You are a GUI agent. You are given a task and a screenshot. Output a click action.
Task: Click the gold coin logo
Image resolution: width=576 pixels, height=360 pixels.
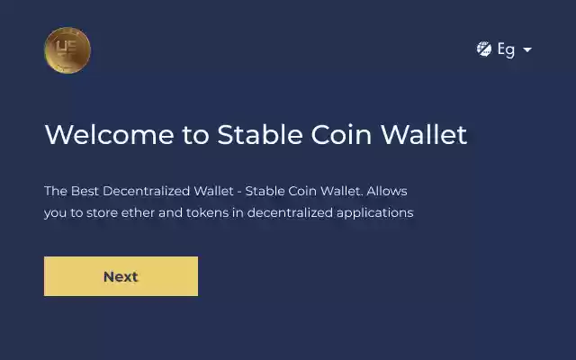[x=67, y=50]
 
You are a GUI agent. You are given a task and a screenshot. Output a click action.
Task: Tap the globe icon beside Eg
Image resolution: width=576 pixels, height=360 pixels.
[x=484, y=49]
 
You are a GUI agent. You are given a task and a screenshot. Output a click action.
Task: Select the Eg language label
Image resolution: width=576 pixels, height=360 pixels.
[x=506, y=49]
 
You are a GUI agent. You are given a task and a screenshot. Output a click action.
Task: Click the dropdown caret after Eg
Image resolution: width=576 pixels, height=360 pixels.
[x=527, y=49]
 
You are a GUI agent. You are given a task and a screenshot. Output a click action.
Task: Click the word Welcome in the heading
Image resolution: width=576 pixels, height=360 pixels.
[x=109, y=135]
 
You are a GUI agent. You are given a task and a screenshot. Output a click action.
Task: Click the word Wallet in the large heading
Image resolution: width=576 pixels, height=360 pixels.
[x=424, y=135]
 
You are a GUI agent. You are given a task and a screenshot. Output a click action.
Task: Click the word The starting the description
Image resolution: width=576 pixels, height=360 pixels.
[x=56, y=192]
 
